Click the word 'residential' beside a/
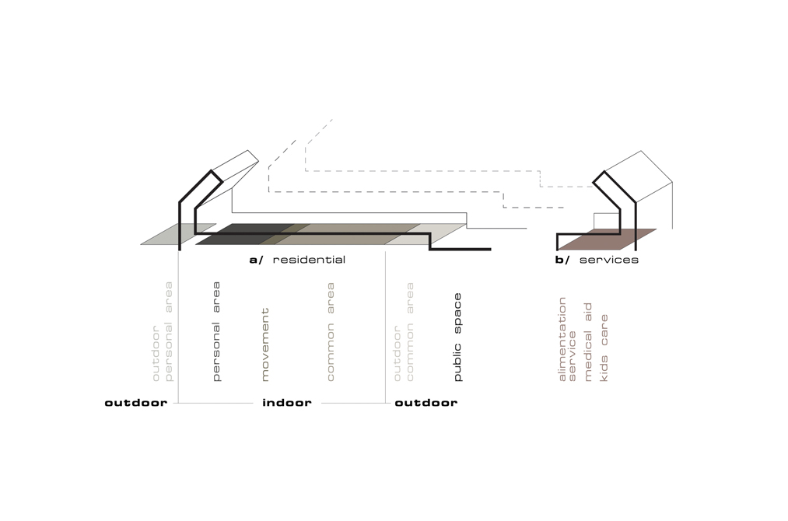tap(309, 260)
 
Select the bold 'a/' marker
tap(257, 260)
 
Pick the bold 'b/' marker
tap(562, 260)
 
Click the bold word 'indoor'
tap(286, 403)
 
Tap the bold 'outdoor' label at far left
tap(135, 403)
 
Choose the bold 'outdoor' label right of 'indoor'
tap(426, 403)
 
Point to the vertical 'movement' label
tap(264, 344)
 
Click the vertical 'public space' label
tap(457, 337)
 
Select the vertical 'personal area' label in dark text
tap(216, 331)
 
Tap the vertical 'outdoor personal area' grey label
tap(163, 331)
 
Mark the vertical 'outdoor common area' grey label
tap(404, 331)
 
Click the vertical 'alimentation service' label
tap(568, 339)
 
